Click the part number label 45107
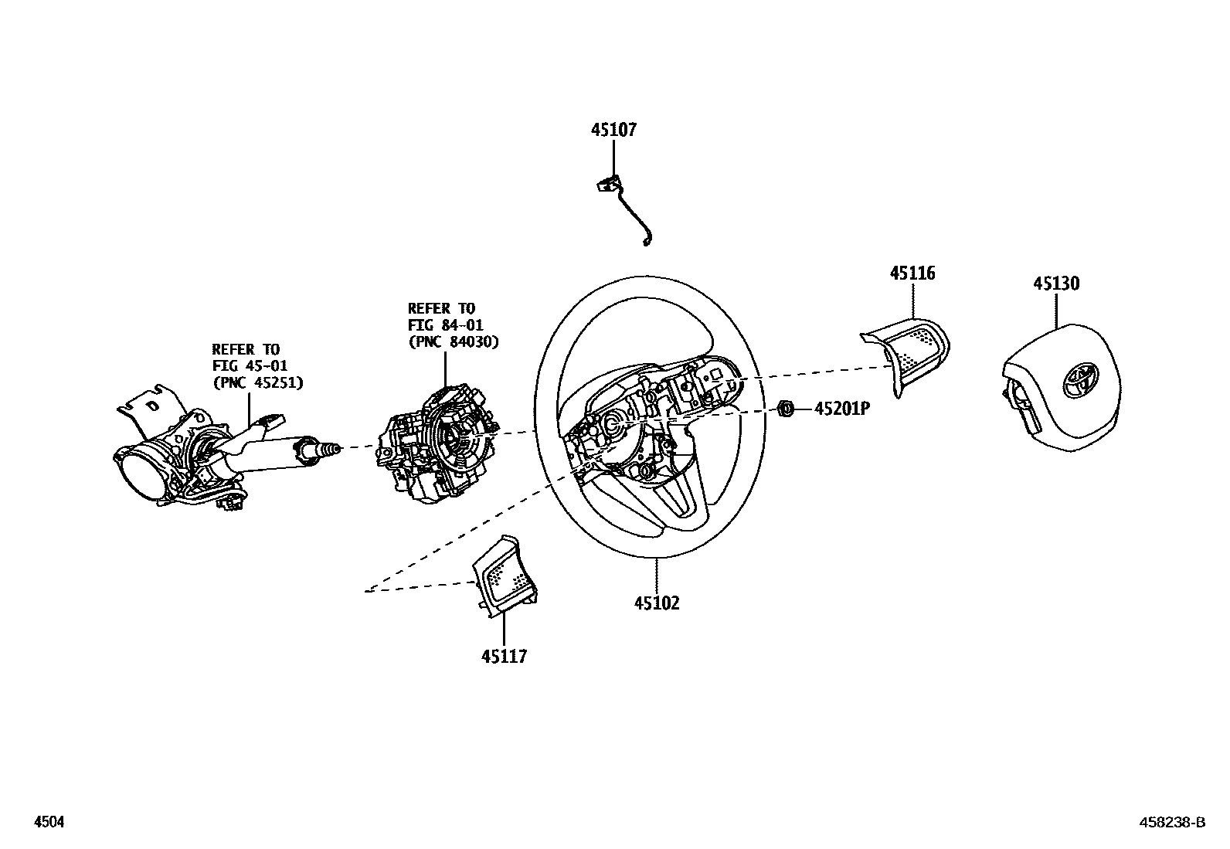(x=613, y=130)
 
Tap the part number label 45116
(x=912, y=273)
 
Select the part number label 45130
(x=1056, y=284)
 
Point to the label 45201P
(x=842, y=409)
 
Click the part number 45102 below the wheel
(x=657, y=603)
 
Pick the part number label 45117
(x=504, y=657)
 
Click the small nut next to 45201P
(x=787, y=408)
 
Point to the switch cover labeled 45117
(x=503, y=576)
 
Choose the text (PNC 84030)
(x=453, y=341)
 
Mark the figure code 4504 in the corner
(x=48, y=823)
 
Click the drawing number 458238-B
(x=1172, y=823)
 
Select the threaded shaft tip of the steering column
(x=331, y=449)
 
